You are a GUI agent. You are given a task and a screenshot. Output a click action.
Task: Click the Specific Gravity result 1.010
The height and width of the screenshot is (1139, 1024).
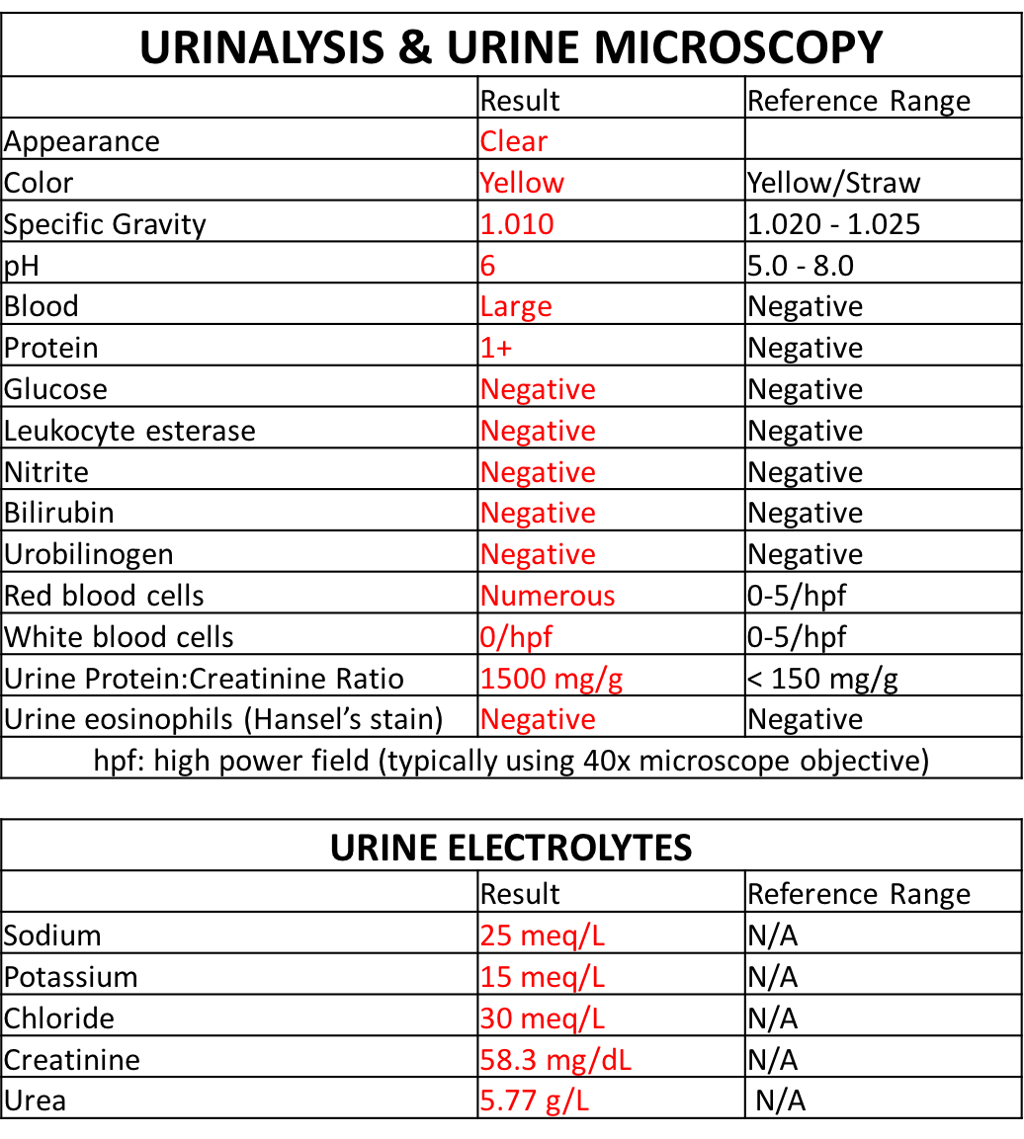coord(517,224)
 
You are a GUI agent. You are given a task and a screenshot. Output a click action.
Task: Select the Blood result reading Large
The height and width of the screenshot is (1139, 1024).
coord(516,306)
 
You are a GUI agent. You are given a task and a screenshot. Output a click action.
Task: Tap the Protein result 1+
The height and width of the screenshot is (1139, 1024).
coord(496,348)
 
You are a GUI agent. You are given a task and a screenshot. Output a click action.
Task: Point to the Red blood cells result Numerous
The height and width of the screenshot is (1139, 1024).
coord(548,596)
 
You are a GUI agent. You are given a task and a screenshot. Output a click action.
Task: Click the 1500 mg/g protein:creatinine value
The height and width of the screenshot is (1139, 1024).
coord(552,679)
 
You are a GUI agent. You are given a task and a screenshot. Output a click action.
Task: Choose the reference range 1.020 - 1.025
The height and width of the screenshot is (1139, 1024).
coord(833,224)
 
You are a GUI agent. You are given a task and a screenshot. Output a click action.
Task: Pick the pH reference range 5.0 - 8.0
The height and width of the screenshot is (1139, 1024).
coord(801,266)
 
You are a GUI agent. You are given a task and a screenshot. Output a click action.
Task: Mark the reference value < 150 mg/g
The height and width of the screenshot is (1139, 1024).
coord(822,679)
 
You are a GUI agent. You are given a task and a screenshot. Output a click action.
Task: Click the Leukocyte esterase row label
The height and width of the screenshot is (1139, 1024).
coord(129,431)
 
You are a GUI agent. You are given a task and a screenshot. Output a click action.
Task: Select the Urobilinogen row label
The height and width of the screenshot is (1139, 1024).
coord(89,554)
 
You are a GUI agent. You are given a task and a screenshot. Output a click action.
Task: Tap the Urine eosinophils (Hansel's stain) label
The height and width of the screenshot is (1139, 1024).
coord(223,719)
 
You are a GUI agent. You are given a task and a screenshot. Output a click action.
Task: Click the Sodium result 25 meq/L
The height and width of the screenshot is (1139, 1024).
coord(543,936)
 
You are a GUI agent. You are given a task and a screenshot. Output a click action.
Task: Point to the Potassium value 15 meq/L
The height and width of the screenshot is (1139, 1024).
coord(543,977)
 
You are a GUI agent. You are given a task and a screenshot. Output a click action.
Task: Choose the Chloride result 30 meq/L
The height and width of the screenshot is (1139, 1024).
coord(543,1018)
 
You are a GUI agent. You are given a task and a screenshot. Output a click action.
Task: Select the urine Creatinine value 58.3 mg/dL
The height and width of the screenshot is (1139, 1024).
coord(555,1060)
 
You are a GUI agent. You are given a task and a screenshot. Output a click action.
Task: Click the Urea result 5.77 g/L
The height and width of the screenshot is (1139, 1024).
coord(535,1099)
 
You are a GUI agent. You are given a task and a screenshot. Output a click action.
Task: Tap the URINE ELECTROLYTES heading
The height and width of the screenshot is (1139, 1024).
coord(511,848)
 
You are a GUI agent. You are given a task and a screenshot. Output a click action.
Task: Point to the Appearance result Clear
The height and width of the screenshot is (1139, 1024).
coord(513,141)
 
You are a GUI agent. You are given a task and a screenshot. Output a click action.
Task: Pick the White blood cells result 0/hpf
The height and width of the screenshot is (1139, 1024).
coord(516,637)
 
